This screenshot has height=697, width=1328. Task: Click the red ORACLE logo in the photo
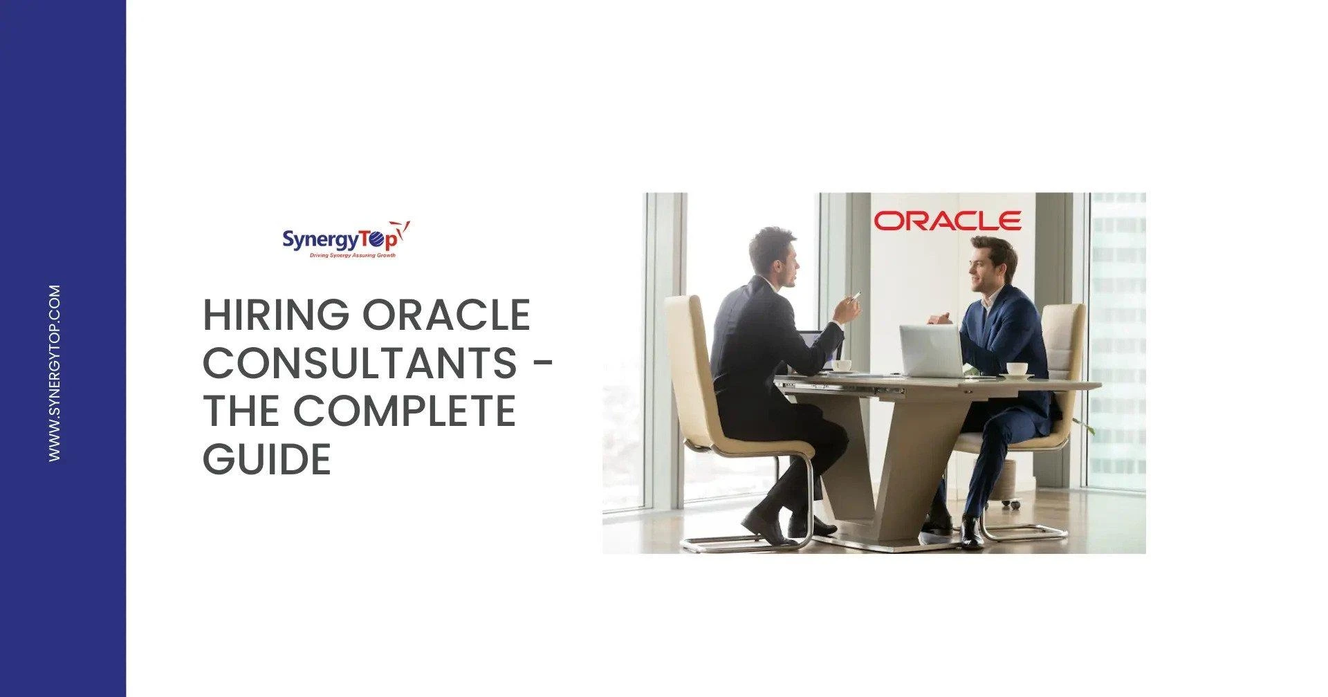(947, 221)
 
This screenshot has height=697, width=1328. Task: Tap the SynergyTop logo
(346, 239)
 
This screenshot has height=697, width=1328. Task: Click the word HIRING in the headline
(276, 315)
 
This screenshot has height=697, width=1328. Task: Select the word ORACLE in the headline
(447, 315)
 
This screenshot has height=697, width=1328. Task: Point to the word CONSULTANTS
(360, 363)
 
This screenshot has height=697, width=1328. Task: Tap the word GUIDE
(267, 458)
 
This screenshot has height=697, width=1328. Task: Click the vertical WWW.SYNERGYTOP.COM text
(55, 373)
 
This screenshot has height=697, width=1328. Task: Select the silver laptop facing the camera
(931, 351)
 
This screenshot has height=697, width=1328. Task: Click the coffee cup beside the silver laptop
(1015, 369)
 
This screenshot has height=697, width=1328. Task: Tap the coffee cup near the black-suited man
(841, 365)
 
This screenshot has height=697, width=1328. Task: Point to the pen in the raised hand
(856, 295)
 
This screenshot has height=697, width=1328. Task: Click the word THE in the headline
(241, 411)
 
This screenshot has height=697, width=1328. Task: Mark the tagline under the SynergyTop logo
(352, 255)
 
